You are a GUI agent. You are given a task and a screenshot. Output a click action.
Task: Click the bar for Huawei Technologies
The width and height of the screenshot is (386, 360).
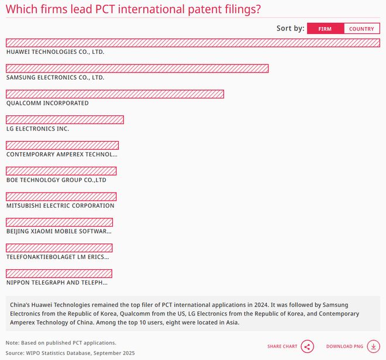click(193, 43)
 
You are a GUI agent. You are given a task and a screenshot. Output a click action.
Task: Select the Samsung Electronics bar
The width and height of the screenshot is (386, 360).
click(137, 68)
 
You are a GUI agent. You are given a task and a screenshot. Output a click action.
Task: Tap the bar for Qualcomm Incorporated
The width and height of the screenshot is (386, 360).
click(115, 94)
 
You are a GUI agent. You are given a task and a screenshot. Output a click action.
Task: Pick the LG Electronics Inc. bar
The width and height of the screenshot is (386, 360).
click(65, 120)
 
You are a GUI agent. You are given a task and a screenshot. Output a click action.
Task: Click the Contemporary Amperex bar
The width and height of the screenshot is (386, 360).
click(62, 145)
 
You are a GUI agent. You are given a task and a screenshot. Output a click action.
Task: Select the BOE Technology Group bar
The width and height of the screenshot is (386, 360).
click(61, 171)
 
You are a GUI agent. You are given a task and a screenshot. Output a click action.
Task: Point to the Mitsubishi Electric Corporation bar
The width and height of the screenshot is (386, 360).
click(61, 197)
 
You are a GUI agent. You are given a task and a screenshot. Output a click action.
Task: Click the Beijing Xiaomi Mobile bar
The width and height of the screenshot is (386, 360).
click(59, 222)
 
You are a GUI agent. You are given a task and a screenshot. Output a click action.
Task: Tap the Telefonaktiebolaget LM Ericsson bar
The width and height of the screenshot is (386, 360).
click(59, 248)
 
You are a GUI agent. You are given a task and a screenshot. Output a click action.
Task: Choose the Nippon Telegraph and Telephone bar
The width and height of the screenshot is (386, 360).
click(58, 273)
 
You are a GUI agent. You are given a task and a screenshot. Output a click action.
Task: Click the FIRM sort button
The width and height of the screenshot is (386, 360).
click(325, 29)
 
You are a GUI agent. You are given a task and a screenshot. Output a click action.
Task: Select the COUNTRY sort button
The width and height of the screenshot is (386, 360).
click(361, 29)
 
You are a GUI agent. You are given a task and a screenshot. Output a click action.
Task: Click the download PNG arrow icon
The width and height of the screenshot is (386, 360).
click(373, 347)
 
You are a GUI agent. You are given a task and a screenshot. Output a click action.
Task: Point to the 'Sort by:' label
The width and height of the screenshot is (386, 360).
click(290, 29)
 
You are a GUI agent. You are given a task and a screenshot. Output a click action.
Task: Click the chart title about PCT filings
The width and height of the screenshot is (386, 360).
click(133, 9)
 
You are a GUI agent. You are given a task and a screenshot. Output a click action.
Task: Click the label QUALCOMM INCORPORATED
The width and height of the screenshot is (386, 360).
click(47, 103)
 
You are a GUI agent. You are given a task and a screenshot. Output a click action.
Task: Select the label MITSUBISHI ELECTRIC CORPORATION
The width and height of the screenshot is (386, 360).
click(60, 206)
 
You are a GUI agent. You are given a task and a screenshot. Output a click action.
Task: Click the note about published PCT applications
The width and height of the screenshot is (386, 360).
click(61, 342)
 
